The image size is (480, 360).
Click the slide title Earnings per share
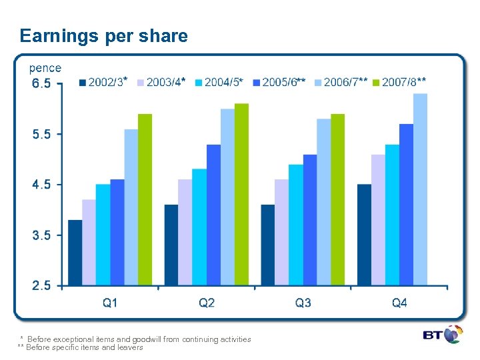[104, 36]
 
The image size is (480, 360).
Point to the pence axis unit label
[45, 68]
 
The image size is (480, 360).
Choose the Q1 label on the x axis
[110, 303]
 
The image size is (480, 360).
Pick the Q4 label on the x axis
[399, 303]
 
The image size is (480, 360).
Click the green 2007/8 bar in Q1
[145, 200]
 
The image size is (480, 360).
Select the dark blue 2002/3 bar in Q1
[75, 253]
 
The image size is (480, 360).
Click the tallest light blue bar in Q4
[420, 189]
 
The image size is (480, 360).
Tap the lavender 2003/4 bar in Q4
[378, 220]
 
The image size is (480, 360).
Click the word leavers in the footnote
[130, 347]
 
